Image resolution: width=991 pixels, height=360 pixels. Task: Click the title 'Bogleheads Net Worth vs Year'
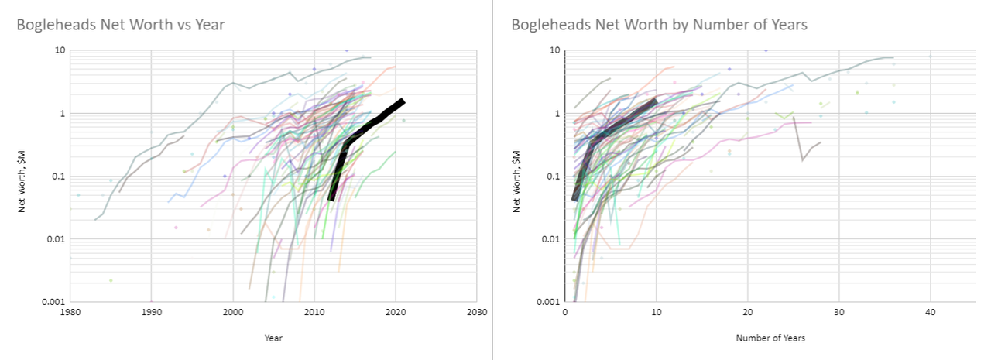121,25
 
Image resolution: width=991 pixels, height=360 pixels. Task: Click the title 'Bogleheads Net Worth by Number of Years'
659,25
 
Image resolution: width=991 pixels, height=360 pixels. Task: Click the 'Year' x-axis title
274,338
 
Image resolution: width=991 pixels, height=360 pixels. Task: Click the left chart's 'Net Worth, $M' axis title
25,176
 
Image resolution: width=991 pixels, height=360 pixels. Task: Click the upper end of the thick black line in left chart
403,101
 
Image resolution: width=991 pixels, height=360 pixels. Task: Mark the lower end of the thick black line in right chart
574,199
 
